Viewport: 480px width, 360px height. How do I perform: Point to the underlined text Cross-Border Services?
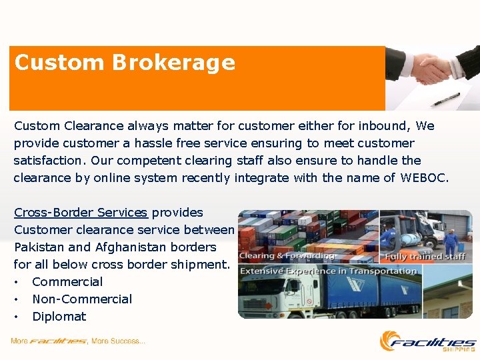pos(81,213)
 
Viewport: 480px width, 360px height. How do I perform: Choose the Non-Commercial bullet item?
pos(82,299)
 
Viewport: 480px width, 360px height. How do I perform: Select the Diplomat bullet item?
pos(59,317)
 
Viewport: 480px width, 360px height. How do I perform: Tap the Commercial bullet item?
pos(67,282)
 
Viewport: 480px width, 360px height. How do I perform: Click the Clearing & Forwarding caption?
pos(287,256)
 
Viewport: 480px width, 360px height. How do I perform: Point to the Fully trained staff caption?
pos(425,256)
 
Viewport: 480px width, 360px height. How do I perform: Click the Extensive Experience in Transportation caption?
pos(328,271)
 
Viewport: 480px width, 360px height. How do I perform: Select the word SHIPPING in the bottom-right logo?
pos(460,349)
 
